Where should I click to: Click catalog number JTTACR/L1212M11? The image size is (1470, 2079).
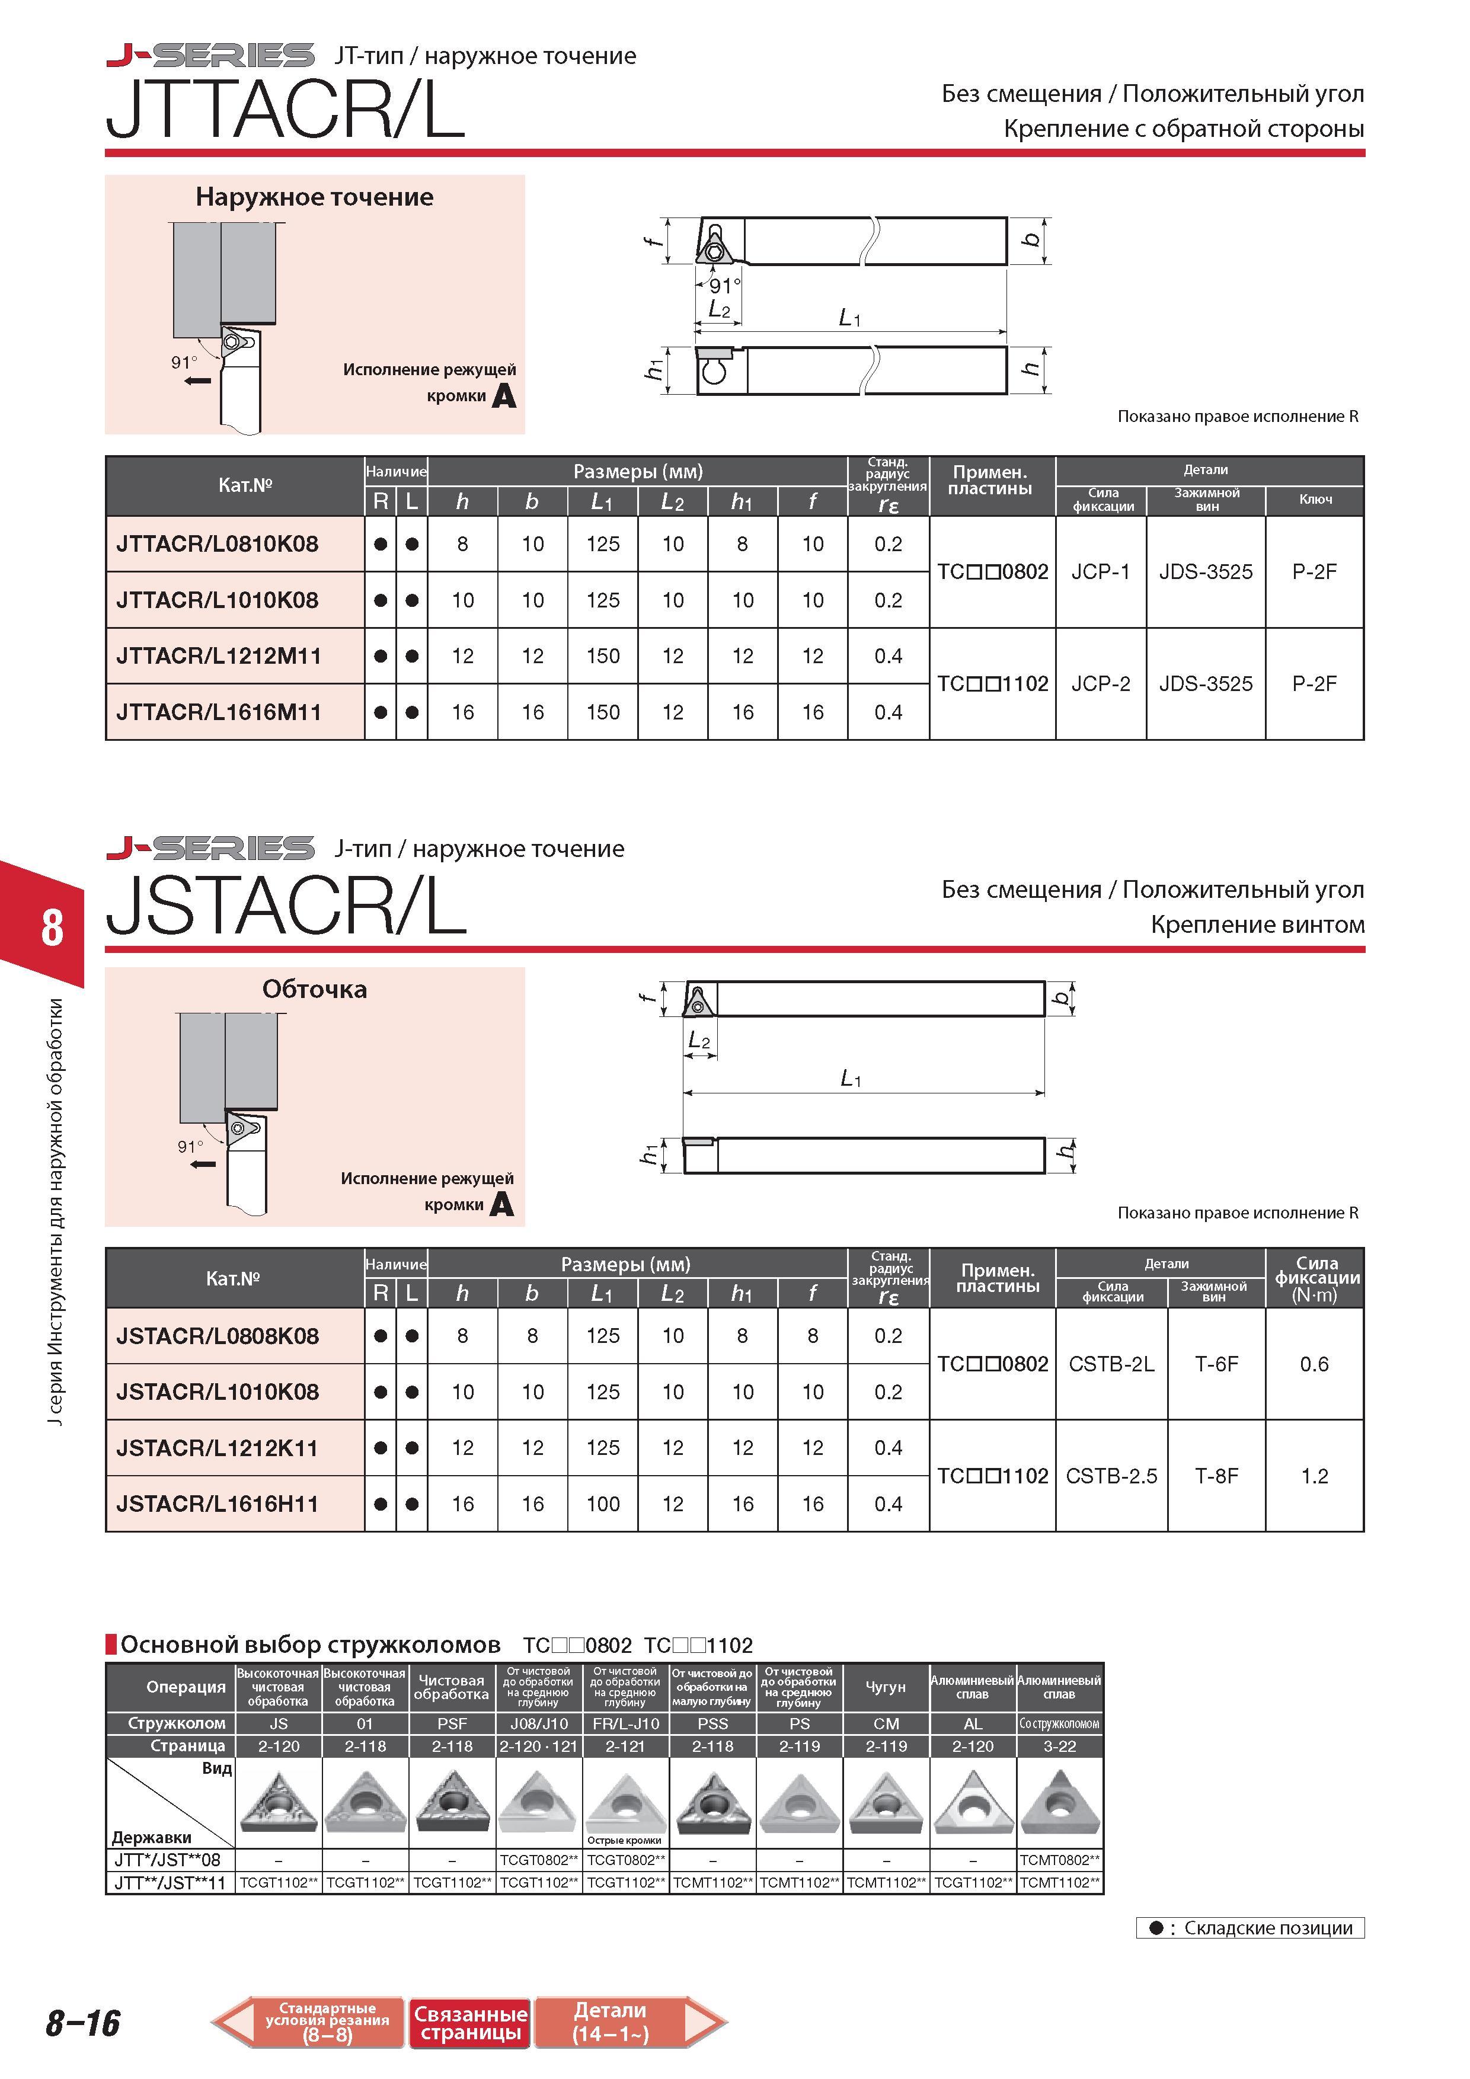point(218,657)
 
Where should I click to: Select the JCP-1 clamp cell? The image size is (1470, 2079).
point(1101,572)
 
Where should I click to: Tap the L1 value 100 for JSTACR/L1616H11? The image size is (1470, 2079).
point(602,1504)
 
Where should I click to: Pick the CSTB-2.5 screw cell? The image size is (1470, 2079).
point(1111,1476)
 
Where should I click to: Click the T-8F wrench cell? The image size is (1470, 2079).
point(1216,1476)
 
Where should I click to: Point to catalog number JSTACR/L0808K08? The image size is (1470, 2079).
point(218,1336)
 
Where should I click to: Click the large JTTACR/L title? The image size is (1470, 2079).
point(285,110)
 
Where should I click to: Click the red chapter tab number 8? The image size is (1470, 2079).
point(52,928)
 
